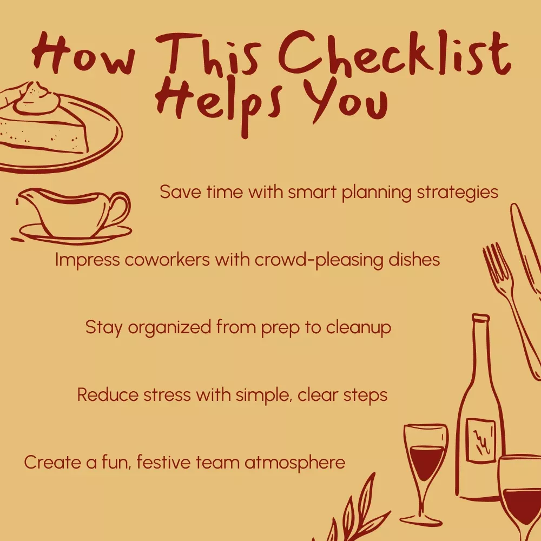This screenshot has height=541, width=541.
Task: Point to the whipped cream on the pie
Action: (36, 99)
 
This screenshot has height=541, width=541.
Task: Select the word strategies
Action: (457, 193)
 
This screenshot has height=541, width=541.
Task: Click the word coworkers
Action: (167, 260)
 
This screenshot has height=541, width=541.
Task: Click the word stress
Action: (167, 395)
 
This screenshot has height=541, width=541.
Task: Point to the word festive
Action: (163, 463)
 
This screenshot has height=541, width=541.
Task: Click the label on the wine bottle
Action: (480, 440)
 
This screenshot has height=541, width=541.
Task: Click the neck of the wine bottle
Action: (480, 348)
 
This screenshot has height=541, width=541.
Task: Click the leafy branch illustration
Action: (355, 511)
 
